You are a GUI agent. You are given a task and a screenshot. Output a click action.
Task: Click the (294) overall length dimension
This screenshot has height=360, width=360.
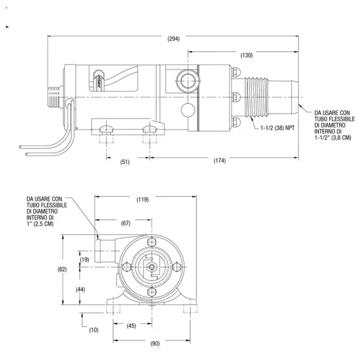point(174,39)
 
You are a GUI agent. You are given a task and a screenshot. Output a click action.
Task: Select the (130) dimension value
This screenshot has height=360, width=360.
point(246,56)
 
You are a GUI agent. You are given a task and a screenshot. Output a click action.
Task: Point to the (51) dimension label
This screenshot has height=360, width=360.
point(125,162)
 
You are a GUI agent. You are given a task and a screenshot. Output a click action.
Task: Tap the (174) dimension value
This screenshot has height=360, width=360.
point(219,162)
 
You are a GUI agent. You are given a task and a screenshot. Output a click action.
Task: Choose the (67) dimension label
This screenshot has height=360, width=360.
point(126,223)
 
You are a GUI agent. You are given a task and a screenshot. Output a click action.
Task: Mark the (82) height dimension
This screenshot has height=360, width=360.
point(62,269)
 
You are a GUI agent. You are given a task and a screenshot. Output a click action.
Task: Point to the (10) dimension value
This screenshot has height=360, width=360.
point(94,330)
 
